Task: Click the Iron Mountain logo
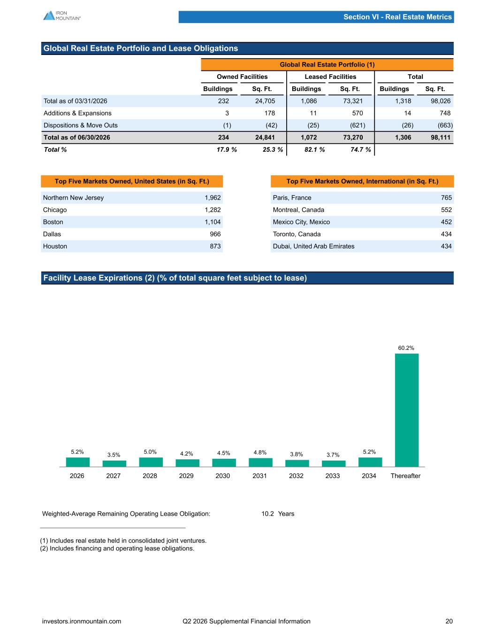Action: [62, 15]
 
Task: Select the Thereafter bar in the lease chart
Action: [407, 410]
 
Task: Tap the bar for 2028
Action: [151, 462]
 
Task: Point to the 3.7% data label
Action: [333, 455]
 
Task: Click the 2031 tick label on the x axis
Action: [259, 476]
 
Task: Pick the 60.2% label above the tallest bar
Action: [406, 348]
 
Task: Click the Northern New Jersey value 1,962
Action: [213, 198]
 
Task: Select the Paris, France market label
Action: [292, 198]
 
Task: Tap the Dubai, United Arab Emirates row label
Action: [313, 246]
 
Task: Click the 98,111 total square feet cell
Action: [441, 138]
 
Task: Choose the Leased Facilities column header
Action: [330, 77]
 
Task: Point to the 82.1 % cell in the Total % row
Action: [315, 149]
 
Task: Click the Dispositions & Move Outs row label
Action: [80, 125]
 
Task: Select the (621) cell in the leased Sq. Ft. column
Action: [358, 125]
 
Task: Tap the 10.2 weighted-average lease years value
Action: [267, 514]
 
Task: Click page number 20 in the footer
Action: [449, 621]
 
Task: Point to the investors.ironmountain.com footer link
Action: [82, 621]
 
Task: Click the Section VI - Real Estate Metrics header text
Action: [397, 17]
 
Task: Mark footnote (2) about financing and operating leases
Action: [117, 548]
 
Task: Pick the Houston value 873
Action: [215, 246]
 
